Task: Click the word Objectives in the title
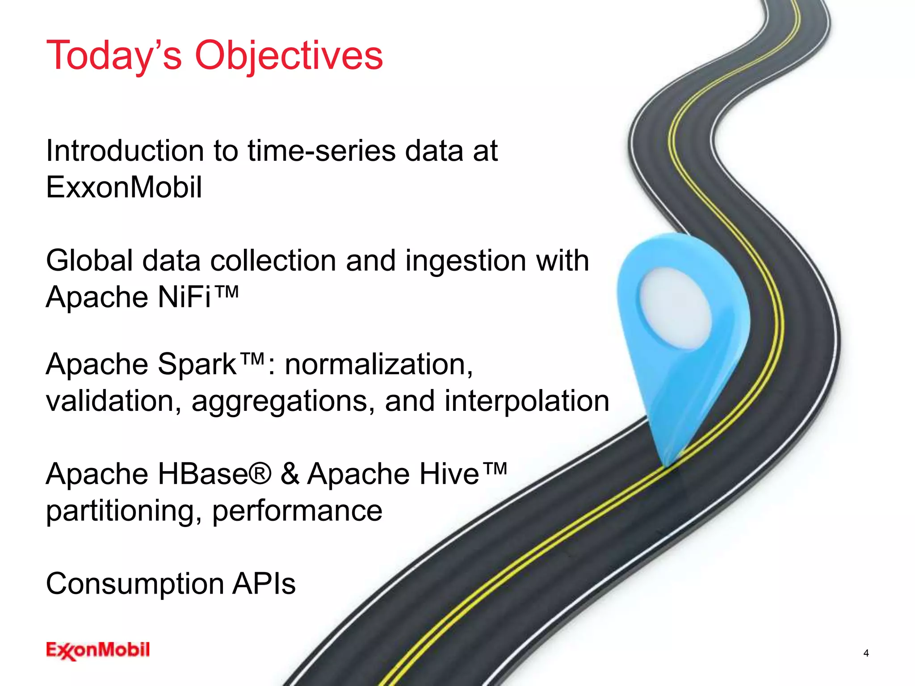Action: click(289, 56)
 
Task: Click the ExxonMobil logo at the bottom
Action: click(98, 650)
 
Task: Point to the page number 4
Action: click(866, 653)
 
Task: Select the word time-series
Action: click(321, 151)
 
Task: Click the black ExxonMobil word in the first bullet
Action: click(124, 188)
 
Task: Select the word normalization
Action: click(379, 364)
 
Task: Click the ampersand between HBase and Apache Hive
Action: click(290, 474)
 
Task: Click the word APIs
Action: click(264, 584)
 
